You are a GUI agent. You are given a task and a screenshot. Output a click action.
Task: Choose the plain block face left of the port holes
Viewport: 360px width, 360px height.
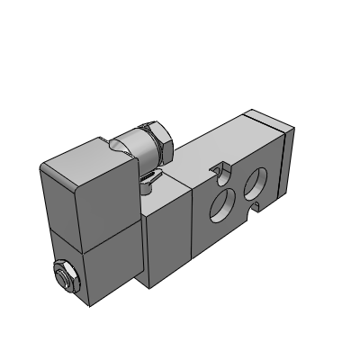[x=166, y=234]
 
